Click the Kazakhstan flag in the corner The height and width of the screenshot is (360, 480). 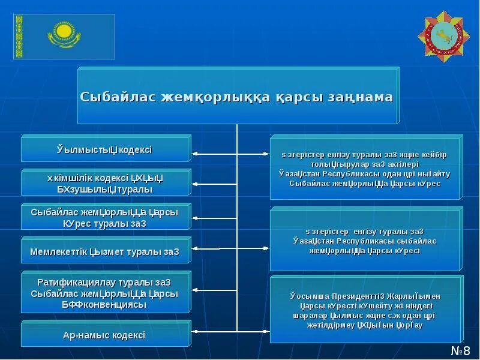tap(64, 37)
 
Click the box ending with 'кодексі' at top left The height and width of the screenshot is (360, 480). tap(106, 149)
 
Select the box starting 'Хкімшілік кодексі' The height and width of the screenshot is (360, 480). tap(106, 183)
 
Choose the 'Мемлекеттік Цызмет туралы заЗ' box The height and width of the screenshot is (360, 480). tap(106, 251)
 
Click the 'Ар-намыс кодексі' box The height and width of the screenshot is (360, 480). tap(106, 335)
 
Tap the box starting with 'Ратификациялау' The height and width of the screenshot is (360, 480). tap(106, 293)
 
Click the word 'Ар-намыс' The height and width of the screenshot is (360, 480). tap(83, 335)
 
